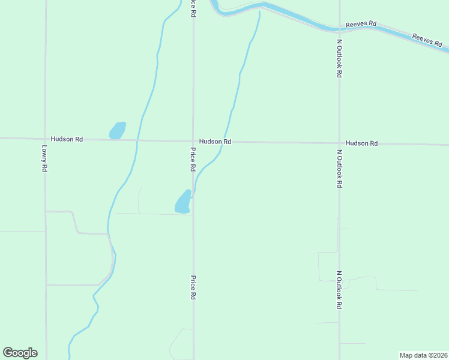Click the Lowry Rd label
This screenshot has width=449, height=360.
tap(44, 158)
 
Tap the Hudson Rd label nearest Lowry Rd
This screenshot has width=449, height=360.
tap(67, 139)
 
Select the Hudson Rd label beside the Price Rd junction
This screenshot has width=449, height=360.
tap(215, 142)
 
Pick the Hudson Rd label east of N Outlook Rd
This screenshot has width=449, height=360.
tap(362, 143)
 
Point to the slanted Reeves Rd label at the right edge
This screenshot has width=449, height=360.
tap(427, 40)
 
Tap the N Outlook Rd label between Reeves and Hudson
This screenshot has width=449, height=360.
tap(339, 58)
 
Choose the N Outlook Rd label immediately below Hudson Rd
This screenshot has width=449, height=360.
tap(339, 169)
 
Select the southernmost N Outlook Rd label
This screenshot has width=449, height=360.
tap(339, 289)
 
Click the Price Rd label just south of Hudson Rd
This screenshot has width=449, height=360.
tap(193, 160)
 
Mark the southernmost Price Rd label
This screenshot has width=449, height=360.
tap(193, 287)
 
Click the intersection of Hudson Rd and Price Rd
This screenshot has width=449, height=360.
tap(193, 142)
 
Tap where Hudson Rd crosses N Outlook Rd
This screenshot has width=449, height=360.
tap(339, 143)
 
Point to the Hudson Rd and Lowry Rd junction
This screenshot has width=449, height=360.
tap(46, 139)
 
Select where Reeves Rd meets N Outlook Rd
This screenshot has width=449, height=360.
tap(339, 28)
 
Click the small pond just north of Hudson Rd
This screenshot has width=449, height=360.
tap(117, 130)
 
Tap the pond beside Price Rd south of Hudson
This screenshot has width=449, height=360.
tap(183, 202)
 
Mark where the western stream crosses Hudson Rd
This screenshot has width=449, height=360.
tap(137, 140)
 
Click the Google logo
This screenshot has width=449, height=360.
tap(20, 353)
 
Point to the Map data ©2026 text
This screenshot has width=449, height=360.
tap(423, 355)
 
